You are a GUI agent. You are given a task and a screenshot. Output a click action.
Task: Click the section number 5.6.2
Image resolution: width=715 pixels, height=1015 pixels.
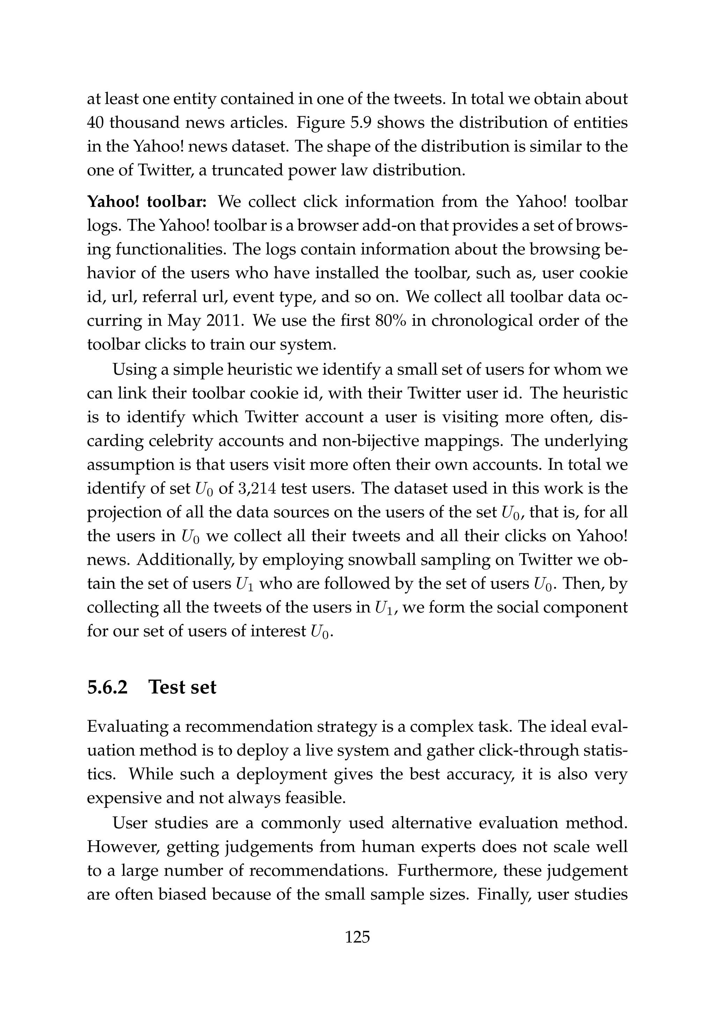[x=108, y=687]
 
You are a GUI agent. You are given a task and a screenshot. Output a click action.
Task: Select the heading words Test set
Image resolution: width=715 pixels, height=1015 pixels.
[x=183, y=687]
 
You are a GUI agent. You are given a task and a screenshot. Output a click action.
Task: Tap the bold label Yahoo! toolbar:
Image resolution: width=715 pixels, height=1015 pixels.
[x=147, y=202]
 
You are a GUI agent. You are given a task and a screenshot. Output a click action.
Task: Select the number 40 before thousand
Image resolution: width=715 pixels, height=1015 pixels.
[x=95, y=123]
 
